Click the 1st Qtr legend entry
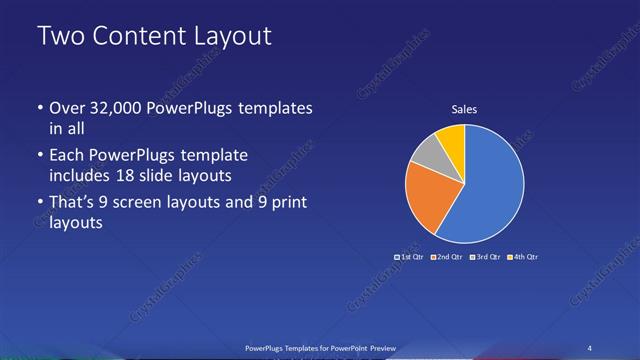[411, 257]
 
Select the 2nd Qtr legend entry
[447, 257]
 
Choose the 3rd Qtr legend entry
[484, 257]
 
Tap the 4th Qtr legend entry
[521, 257]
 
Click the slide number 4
[590, 347]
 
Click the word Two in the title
[59, 36]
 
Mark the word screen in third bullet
[147, 203]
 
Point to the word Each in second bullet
[67, 156]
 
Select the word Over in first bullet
[68, 108]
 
